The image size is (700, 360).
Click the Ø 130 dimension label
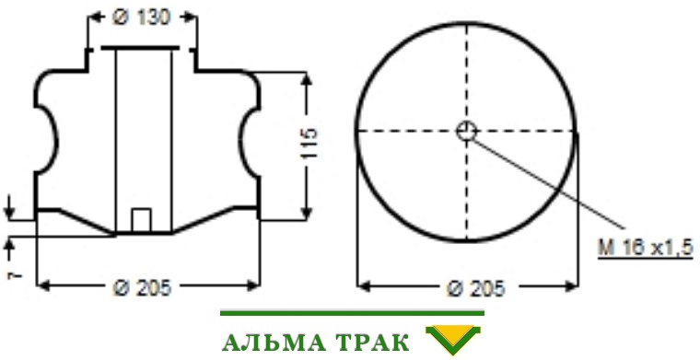tap(142, 18)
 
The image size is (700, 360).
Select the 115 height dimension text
tap(309, 144)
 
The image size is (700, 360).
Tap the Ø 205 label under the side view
tap(142, 288)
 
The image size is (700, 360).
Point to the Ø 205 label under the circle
tap(476, 288)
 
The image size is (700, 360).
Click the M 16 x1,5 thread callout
tap(645, 247)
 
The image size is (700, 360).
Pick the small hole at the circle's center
tap(467, 131)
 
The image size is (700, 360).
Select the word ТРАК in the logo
tap(371, 343)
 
